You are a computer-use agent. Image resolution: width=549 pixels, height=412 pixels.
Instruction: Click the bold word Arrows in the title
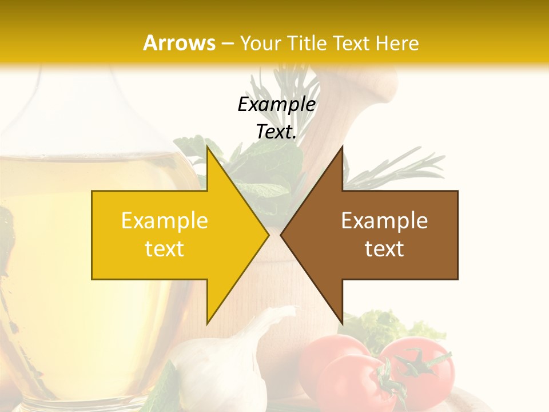pyautogui.click(x=180, y=43)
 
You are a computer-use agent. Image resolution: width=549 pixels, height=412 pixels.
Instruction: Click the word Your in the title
pyautogui.click(x=261, y=43)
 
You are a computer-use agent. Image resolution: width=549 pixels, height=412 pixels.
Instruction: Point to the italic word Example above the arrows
pyautogui.click(x=276, y=104)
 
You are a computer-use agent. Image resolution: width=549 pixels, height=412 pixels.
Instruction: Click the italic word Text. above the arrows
pyautogui.click(x=276, y=132)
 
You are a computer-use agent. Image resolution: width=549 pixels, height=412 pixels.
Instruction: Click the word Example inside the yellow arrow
pyautogui.click(x=165, y=220)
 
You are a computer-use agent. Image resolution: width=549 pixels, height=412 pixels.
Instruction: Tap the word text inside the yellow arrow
pyautogui.click(x=165, y=248)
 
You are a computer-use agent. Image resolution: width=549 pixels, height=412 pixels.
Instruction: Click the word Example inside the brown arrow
pyautogui.click(x=384, y=220)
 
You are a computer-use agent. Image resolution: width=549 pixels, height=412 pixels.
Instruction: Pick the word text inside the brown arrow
pyautogui.click(x=384, y=248)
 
